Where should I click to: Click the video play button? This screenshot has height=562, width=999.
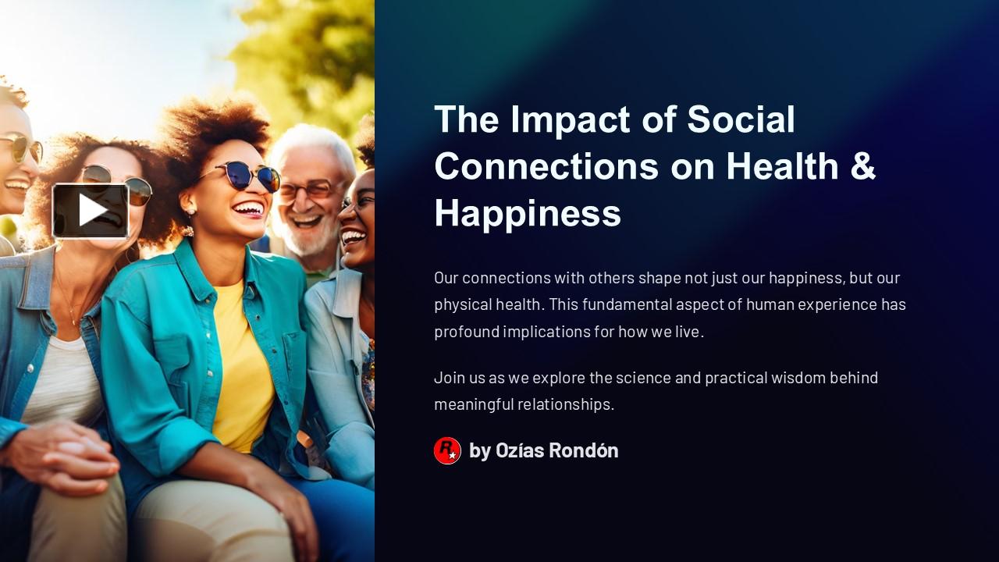[91, 210]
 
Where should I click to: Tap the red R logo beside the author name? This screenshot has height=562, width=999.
[447, 450]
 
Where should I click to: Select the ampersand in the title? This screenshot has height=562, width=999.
[862, 166]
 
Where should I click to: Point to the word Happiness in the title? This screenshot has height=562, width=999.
[528, 213]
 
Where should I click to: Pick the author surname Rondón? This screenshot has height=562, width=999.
[583, 450]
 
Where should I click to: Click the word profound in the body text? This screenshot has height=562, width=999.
[466, 331]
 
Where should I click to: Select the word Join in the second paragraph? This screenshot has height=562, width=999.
[448, 378]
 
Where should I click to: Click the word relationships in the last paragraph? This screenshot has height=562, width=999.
[565, 404]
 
